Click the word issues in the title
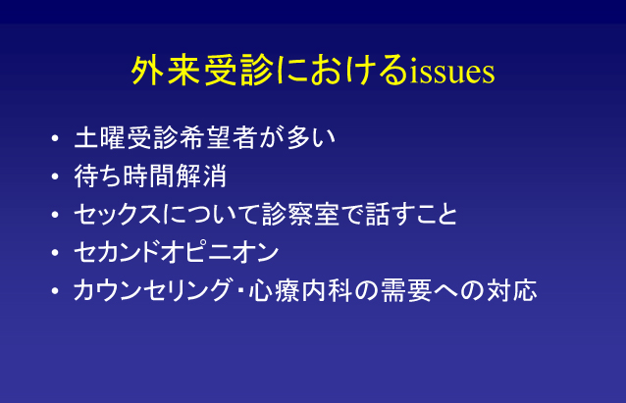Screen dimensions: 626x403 coord(452,72)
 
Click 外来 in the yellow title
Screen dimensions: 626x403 coord(166,71)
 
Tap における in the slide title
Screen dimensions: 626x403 coord(341,71)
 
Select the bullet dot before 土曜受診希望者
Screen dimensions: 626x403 coord(55,138)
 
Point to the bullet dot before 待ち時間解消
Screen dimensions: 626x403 coord(55,176)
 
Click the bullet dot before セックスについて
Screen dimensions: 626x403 coord(55,215)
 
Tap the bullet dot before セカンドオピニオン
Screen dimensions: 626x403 coord(55,253)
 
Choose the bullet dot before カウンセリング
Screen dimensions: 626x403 coord(55,291)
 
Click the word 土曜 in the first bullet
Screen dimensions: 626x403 coord(100,137)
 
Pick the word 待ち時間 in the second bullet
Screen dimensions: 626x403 coord(125,176)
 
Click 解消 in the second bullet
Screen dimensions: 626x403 coord(201,176)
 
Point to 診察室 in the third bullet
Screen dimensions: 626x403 coord(300,215)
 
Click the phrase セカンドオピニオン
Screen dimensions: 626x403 coord(177,252)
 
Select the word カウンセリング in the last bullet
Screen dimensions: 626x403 coord(152,290)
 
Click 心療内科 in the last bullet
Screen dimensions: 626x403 coord(300,290)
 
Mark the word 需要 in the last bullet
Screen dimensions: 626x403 coord(406,290)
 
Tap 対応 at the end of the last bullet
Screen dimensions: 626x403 coord(511,290)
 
